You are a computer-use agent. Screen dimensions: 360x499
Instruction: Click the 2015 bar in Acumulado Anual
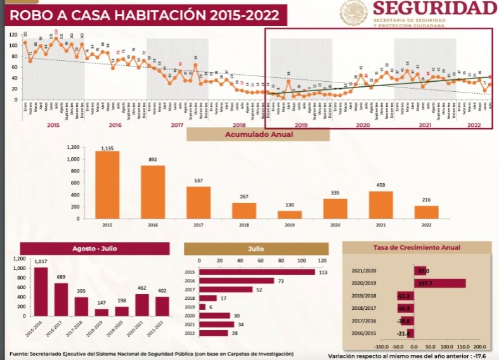(x=107, y=184)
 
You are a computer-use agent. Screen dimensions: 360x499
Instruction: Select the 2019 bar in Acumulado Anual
(x=289, y=214)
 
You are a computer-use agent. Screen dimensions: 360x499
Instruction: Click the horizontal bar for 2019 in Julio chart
(x=202, y=307)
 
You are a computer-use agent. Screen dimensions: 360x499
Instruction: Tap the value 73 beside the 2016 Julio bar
(x=280, y=281)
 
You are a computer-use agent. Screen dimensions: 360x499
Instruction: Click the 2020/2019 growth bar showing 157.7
(x=439, y=283)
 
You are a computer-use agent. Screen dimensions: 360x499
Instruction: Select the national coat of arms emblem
(x=352, y=13)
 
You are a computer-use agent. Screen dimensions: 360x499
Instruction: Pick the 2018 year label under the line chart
(x=238, y=125)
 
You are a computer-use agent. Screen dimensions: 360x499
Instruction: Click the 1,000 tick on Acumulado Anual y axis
(x=72, y=160)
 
